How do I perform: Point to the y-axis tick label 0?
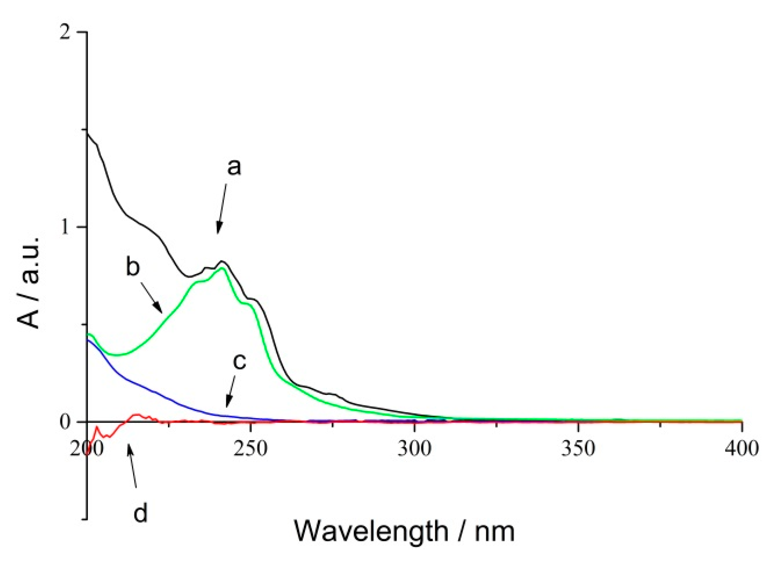point(65,422)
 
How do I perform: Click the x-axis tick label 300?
point(414,449)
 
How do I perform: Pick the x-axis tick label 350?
point(578,449)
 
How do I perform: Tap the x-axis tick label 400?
point(742,449)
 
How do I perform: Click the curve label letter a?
point(234,167)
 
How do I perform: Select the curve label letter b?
point(133,267)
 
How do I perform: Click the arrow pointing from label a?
point(221,209)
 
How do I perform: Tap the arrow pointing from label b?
point(151,298)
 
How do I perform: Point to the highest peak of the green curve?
point(221,268)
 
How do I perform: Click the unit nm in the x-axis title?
point(495,531)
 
